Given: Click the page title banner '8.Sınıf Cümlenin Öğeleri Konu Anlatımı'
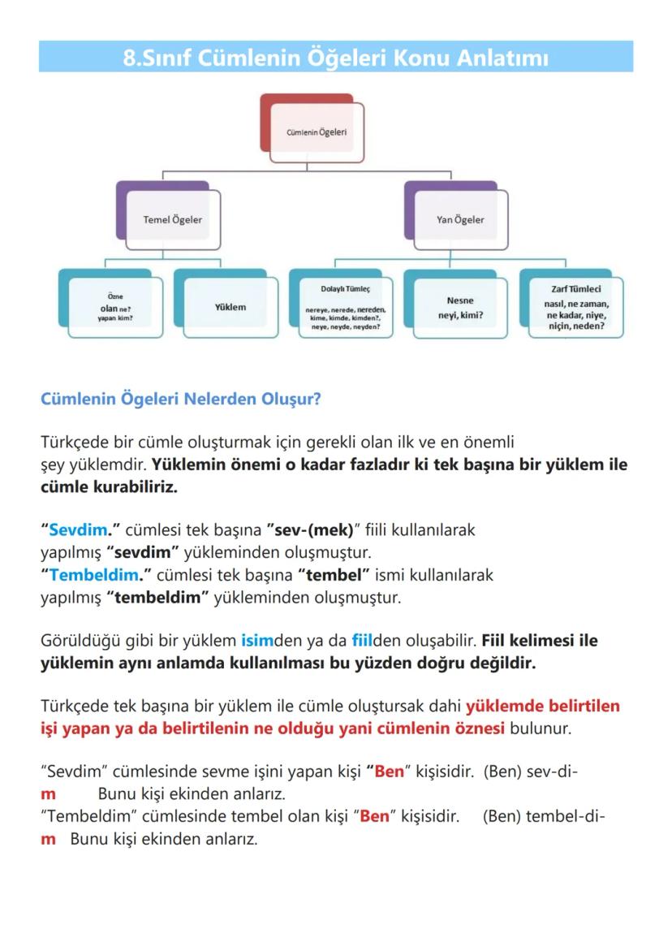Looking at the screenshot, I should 336,58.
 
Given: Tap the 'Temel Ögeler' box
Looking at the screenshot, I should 173,219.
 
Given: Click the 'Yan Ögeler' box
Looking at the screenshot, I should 460,219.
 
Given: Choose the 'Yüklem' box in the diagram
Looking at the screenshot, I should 230,307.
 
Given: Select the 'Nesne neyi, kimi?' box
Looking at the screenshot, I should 460,307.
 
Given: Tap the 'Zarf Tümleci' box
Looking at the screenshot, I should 575,308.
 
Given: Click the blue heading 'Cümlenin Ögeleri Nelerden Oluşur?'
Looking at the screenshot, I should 180,400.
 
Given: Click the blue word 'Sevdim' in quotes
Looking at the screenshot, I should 78,530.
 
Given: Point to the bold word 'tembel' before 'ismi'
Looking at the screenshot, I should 338,576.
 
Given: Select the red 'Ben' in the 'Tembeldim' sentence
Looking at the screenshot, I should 374,816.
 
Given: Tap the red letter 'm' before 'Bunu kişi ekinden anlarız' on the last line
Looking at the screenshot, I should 49,839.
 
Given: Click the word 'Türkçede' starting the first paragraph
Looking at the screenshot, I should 71,443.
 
